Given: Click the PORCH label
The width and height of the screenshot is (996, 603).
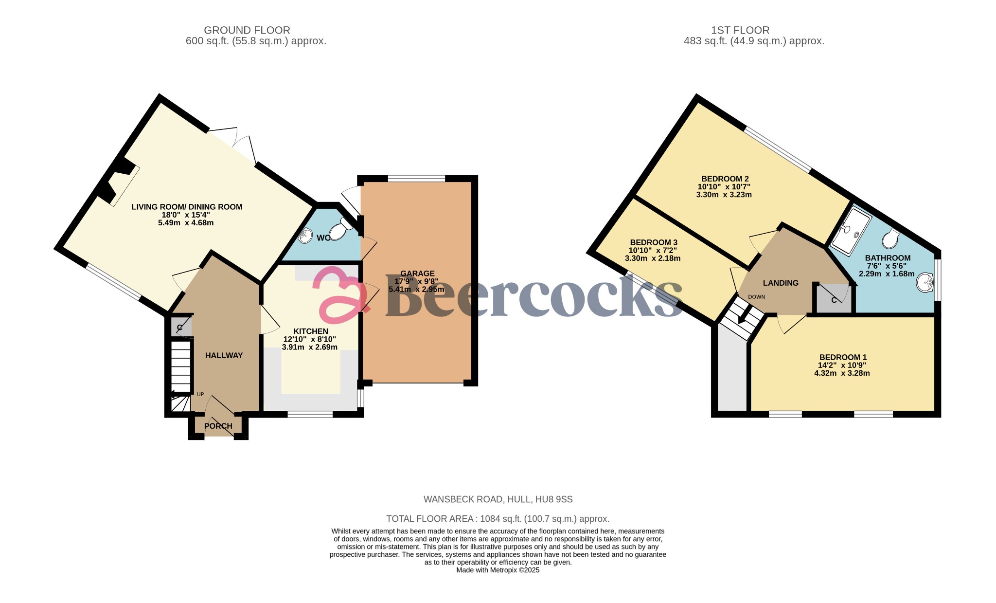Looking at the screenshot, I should (218, 426).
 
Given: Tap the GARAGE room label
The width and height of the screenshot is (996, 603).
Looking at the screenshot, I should (417, 274).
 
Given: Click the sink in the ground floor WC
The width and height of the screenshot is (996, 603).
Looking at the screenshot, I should (306, 236).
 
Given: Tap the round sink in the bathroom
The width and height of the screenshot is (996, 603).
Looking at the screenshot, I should (925, 282).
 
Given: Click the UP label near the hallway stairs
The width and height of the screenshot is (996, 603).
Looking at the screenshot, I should (200, 394).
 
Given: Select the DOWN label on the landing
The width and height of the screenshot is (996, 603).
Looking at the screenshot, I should (756, 297).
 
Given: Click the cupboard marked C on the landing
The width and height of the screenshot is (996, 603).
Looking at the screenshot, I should (834, 299).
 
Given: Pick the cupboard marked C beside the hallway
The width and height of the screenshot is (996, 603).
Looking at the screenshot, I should (179, 327).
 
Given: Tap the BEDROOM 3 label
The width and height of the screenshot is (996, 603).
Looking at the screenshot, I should (653, 242).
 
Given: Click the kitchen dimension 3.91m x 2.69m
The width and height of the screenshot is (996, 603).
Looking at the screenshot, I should (310, 347).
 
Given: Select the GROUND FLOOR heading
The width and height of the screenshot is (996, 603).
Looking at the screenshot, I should (247, 30).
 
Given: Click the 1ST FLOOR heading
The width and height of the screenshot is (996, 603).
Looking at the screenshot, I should (740, 30).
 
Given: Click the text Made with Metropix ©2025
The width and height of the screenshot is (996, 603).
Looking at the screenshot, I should (498, 570).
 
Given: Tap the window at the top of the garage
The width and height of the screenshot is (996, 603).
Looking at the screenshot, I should (416, 179).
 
